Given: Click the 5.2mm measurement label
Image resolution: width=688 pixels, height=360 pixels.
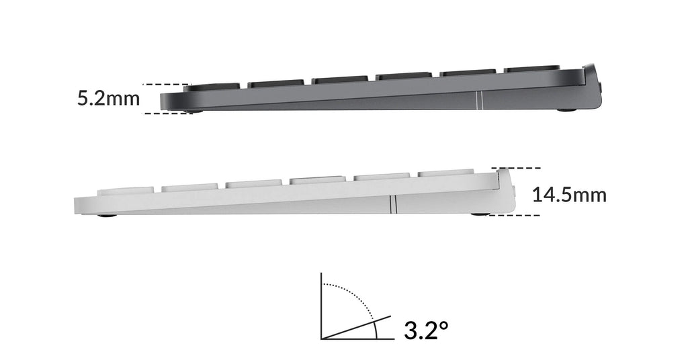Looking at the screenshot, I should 108,99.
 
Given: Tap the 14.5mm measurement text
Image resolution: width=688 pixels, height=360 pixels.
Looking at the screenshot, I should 569,195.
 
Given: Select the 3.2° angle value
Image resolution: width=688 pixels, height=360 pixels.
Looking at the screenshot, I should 426,330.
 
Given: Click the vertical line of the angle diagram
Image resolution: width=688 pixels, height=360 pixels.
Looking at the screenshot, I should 322,306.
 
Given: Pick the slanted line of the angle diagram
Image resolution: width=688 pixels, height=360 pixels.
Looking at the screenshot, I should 356,326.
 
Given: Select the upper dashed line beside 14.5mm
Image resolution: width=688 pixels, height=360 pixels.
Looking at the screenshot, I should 517,167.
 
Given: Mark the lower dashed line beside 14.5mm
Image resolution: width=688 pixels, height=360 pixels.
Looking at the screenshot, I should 517,216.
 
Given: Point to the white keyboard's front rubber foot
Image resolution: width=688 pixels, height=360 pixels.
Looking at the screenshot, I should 105,216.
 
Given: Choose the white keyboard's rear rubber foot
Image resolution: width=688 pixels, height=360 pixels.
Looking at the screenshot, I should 481,214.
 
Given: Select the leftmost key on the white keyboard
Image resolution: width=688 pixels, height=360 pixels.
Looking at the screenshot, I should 128,191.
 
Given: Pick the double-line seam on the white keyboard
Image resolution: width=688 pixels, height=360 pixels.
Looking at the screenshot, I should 392,204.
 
